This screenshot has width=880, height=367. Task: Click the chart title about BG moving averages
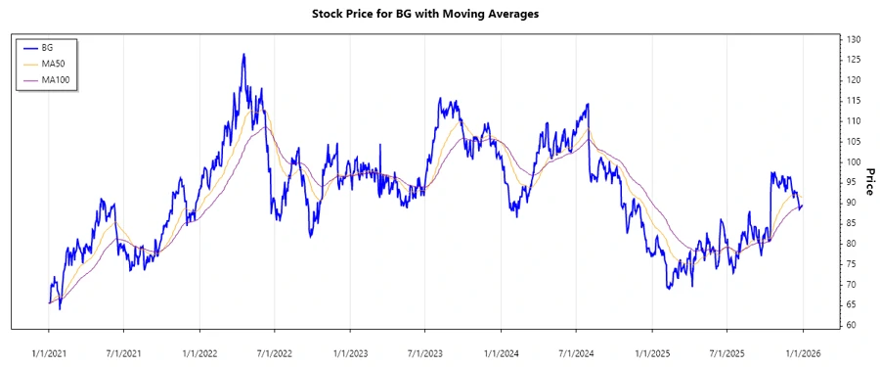(439, 15)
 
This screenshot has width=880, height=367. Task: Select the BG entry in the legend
(48, 47)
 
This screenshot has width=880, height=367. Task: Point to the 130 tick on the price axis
(854, 39)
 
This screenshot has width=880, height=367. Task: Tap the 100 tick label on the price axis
(854, 161)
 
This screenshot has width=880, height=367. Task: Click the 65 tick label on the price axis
(854, 304)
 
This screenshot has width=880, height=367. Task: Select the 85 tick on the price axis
(854, 223)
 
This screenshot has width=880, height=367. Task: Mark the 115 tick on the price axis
(854, 101)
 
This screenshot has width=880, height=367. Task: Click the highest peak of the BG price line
(243, 54)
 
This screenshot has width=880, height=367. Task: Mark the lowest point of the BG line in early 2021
(60, 309)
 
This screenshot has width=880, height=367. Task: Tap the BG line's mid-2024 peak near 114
(588, 104)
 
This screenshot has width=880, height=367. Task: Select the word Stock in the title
(329, 15)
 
